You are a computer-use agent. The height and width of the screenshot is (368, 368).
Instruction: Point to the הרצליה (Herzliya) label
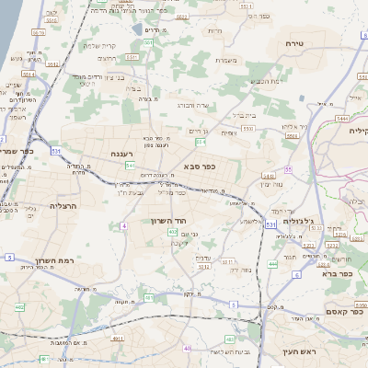tap(62, 206)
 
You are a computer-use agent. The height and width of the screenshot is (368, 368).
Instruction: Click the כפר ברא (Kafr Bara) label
tap(338, 273)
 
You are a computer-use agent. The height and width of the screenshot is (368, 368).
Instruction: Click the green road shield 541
tap(130, 166)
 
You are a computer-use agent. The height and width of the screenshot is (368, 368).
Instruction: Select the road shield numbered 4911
tap(117, 339)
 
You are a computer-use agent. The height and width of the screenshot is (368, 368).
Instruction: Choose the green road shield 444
tap(272, 263)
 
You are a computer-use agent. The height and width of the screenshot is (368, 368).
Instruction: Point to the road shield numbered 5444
tap(342, 118)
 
